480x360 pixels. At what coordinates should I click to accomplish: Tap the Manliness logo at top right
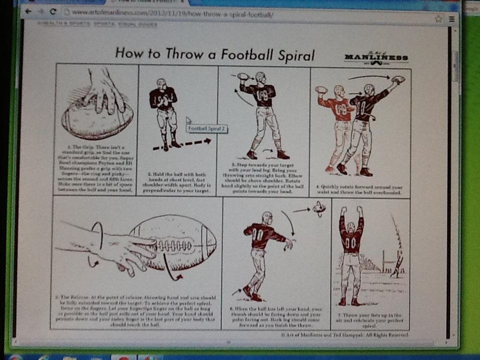[x=376, y=58]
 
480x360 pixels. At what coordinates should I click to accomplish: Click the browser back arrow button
[x=28, y=11]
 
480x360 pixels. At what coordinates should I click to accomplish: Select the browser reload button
[x=53, y=12]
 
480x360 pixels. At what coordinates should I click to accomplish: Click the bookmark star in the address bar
[x=439, y=19]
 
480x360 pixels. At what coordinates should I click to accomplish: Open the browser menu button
[x=451, y=19]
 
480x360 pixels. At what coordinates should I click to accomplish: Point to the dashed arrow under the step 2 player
[x=181, y=143]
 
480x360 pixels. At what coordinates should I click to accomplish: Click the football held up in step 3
[x=243, y=76]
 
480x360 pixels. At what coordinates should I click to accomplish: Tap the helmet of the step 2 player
[x=162, y=83]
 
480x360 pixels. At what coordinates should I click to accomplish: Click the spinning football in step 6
[x=319, y=209]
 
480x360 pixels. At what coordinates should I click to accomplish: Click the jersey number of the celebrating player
[x=350, y=242]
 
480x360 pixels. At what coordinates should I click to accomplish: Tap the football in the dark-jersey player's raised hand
[x=398, y=79]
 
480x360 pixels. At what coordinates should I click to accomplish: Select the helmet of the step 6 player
[x=266, y=217]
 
